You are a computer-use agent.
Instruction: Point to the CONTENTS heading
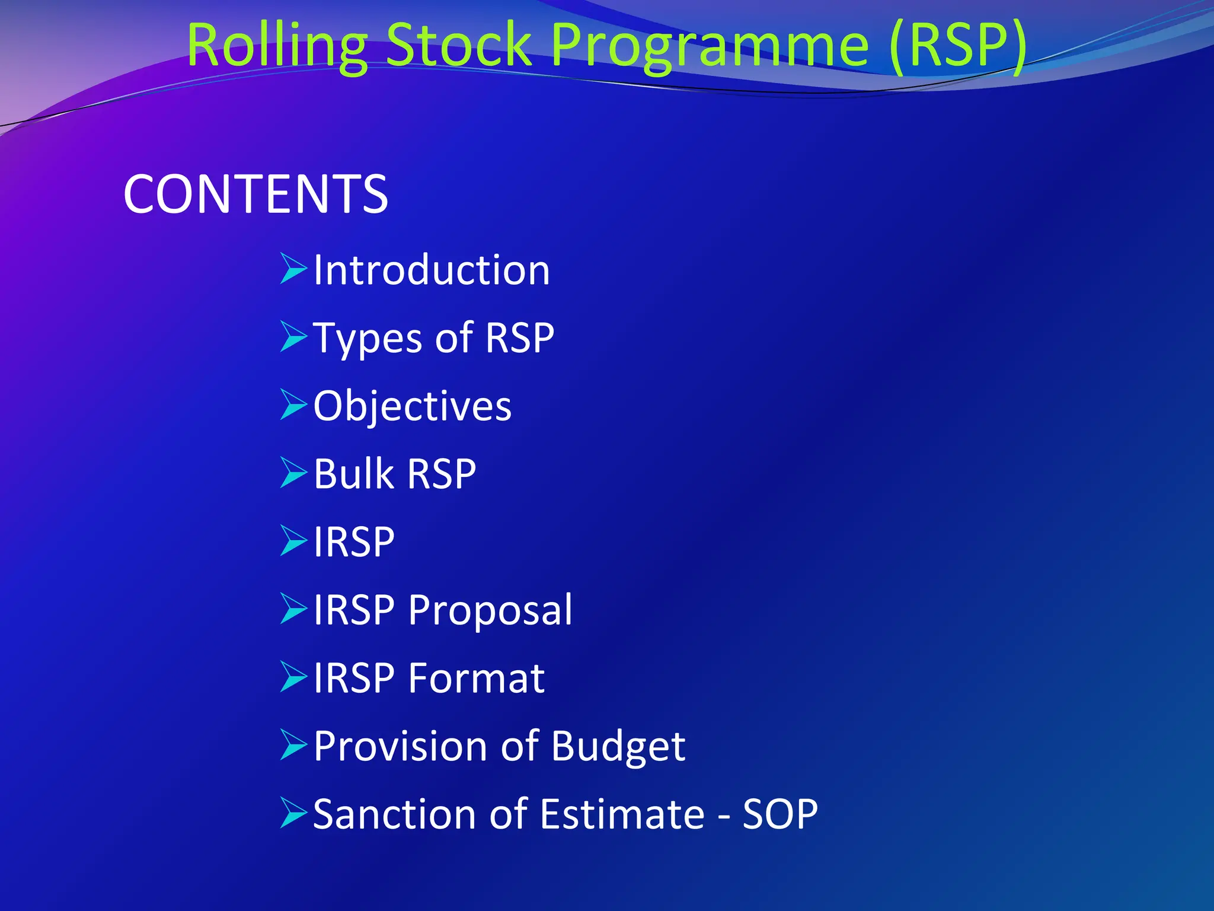pyautogui.click(x=255, y=194)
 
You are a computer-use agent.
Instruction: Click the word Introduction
pyautogui.click(x=432, y=270)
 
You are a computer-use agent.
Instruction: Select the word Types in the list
pyautogui.click(x=368, y=338)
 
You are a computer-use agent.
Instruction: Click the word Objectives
pyautogui.click(x=412, y=406)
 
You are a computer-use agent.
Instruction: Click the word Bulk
pyautogui.click(x=353, y=474)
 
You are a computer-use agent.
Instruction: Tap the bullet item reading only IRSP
pyautogui.click(x=353, y=542)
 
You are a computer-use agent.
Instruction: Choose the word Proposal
pyautogui.click(x=490, y=610)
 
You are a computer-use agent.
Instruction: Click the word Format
pyautogui.click(x=476, y=678)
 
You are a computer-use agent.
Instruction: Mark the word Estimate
pyautogui.click(x=622, y=814)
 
